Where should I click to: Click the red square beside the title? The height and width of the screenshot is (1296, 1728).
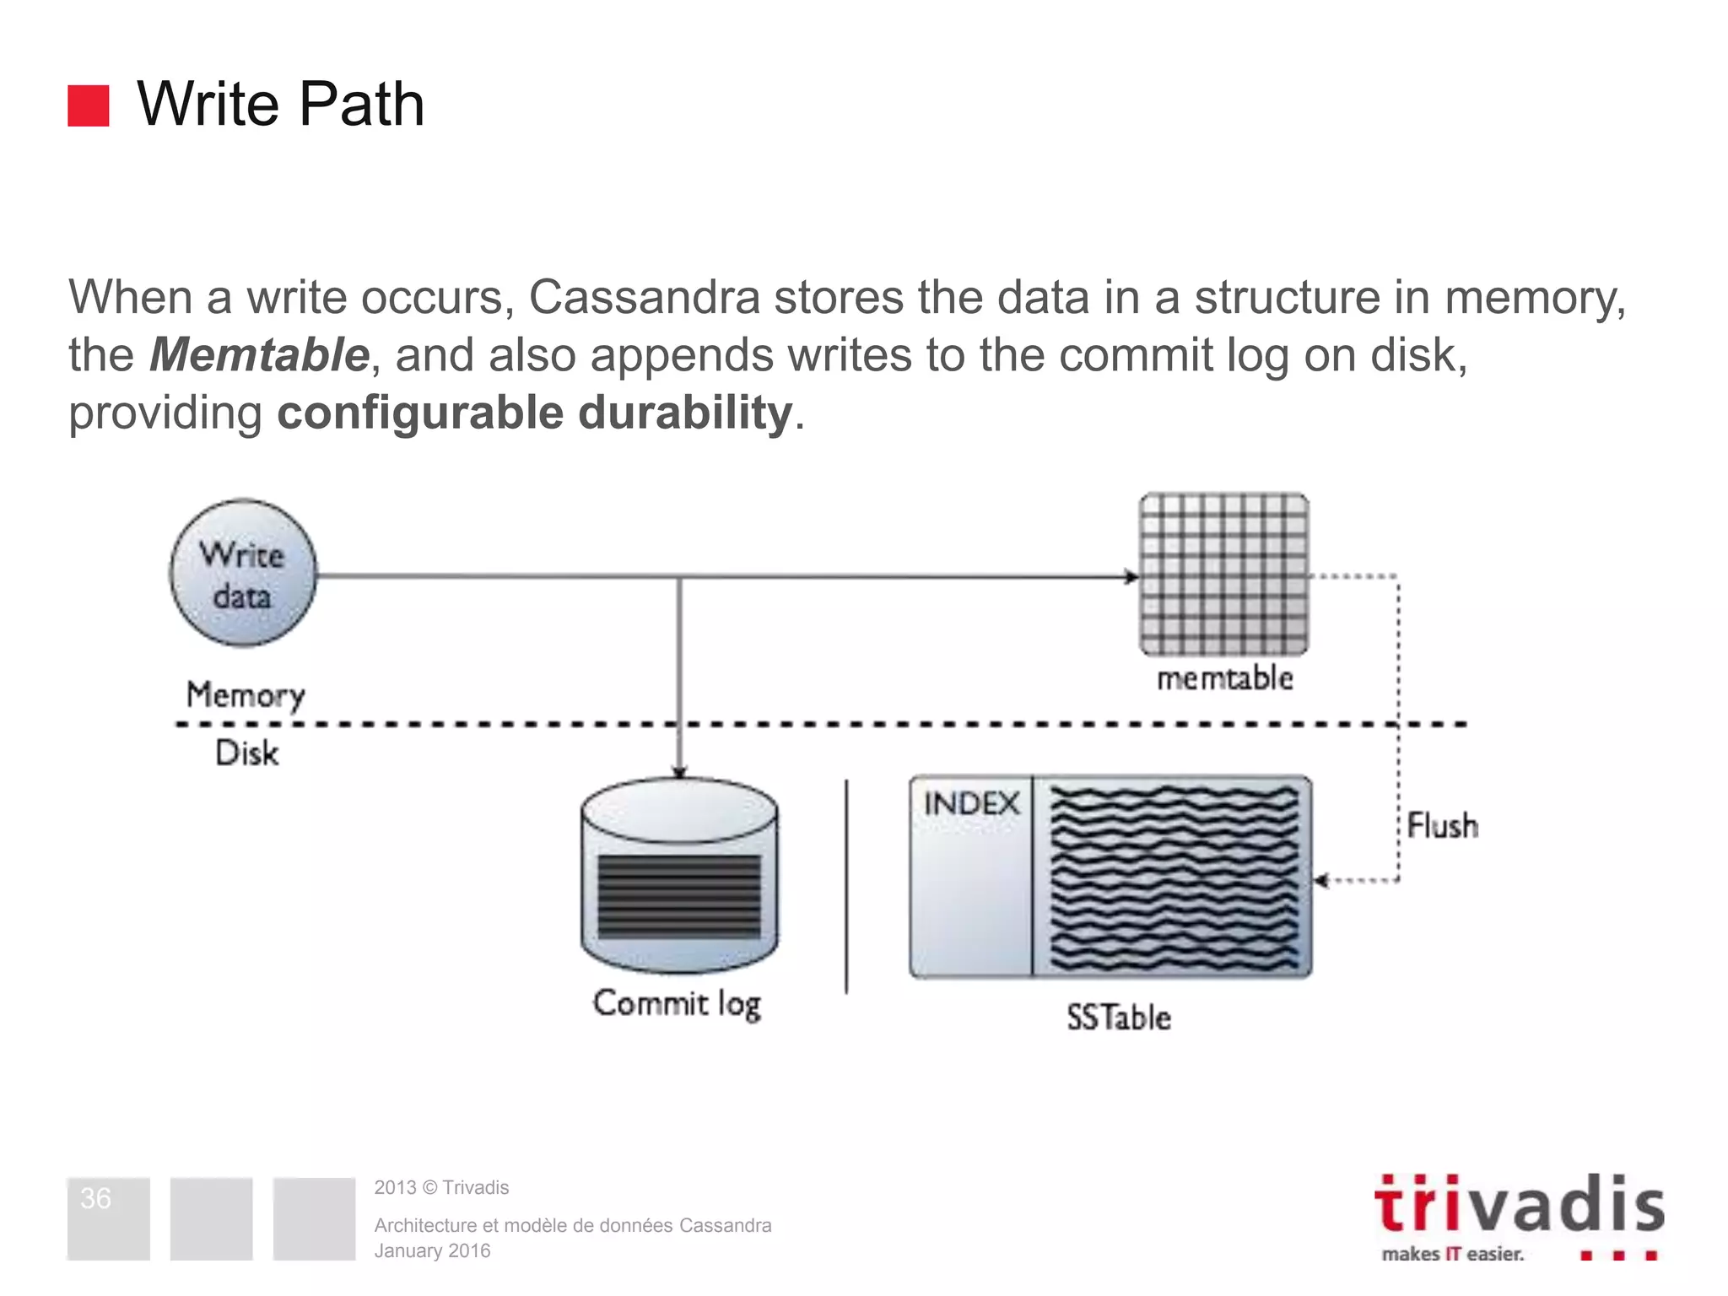89,105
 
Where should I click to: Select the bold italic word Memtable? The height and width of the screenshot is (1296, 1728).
259,354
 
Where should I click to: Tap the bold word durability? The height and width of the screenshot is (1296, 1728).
684,413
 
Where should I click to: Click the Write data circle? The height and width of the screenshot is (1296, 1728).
243,574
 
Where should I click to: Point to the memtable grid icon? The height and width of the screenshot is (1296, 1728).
1223,574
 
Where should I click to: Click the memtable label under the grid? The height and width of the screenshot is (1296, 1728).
1224,678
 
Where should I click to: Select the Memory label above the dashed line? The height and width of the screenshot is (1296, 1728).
245,695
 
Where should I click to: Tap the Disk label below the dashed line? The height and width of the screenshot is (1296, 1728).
246,753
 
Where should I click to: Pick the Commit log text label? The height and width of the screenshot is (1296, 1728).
677,1004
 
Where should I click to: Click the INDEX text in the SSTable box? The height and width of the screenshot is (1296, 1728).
971,804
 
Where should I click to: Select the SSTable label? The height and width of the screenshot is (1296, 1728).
1118,1018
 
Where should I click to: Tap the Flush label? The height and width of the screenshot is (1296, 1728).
1442,826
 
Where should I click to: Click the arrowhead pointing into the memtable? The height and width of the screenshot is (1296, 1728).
1131,577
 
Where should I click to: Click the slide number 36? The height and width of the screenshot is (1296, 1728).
95,1198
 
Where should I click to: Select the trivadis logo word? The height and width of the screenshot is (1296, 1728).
1519,1204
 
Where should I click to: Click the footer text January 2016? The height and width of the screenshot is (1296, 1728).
432,1251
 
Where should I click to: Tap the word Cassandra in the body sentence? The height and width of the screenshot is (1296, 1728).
645,297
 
